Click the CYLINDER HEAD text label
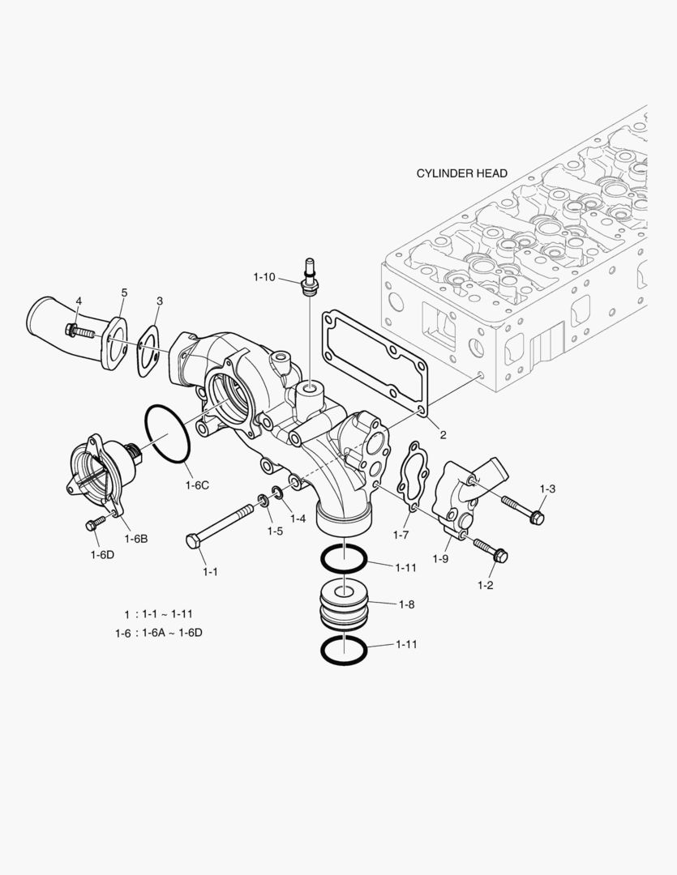click(461, 173)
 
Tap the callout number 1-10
click(264, 277)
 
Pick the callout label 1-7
click(401, 536)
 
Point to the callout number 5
click(124, 292)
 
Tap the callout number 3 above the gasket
click(160, 301)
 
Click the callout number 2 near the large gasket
click(443, 434)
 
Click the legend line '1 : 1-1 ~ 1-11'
click(158, 613)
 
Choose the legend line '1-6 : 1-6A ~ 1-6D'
click(158, 633)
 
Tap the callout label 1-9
click(440, 559)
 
